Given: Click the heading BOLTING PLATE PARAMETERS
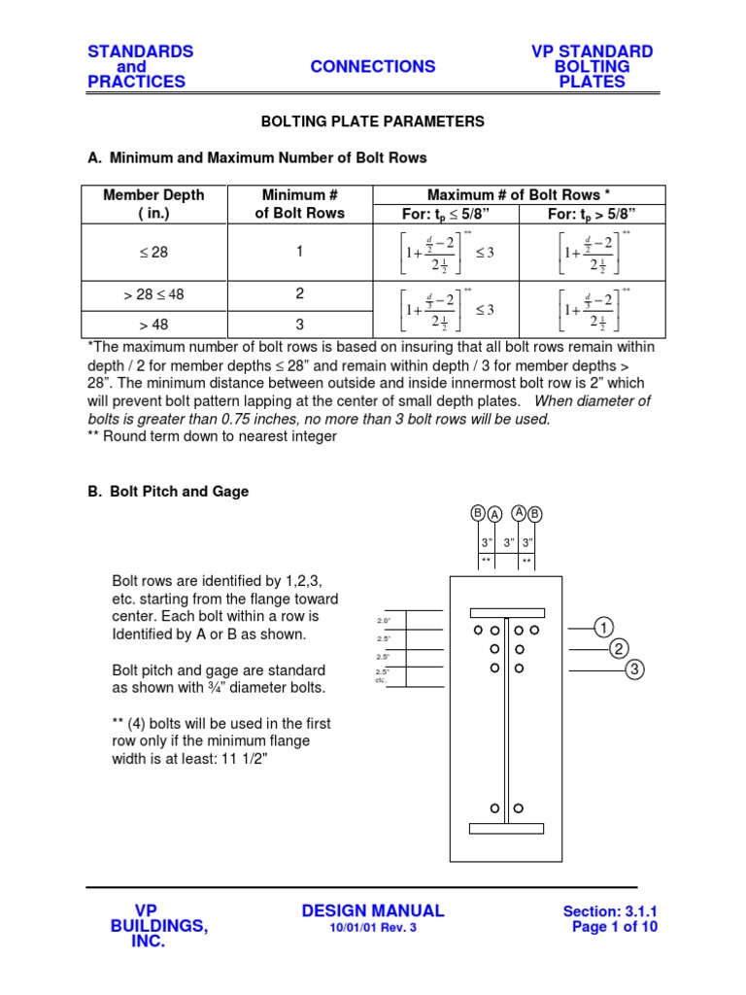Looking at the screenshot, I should [372, 121].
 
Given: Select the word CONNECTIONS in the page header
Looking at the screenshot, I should [372, 66].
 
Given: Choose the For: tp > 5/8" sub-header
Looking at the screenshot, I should [592, 213].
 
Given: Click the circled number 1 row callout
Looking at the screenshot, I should [603, 627].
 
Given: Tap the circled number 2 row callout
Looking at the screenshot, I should [619, 648].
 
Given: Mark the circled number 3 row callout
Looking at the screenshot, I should [634, 669].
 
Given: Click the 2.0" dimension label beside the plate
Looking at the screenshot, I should [383, 619].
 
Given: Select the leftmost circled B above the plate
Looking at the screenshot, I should [478, 512].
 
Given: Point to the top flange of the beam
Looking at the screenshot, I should [507, 613].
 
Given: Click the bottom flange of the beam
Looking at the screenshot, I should [506, 828].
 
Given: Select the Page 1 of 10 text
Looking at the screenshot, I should [615, 927].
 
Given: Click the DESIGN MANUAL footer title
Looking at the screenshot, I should [373, 910].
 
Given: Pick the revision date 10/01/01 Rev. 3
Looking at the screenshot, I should [373, 928].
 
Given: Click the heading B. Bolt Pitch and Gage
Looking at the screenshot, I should [168, 492].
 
